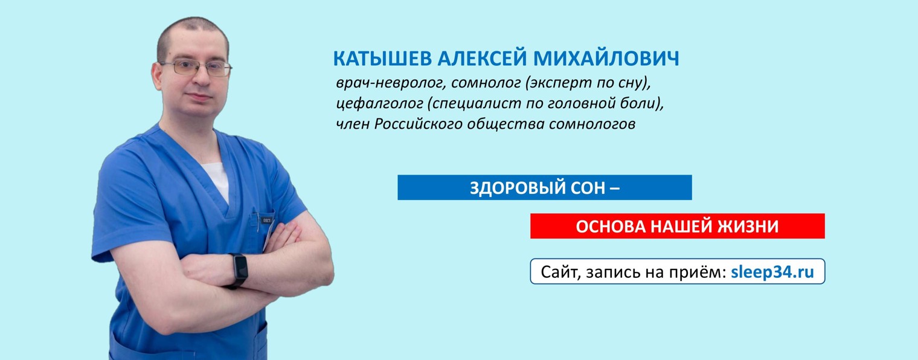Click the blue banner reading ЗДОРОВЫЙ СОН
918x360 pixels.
click(x=544, y=188)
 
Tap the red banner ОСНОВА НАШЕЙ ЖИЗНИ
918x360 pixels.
click(x=677, y=226)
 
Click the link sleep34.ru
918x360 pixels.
click(x=772, y=272)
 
